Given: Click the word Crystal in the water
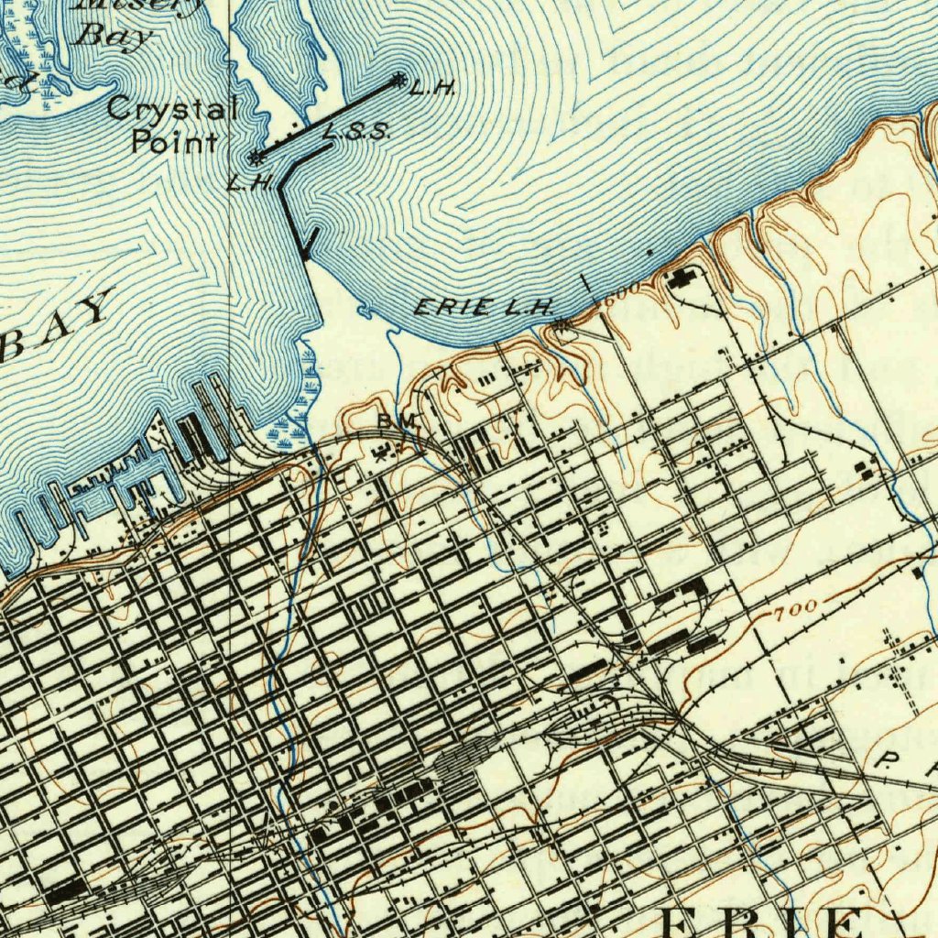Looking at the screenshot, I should point(171,109).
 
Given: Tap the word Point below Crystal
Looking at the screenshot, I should point(174,142).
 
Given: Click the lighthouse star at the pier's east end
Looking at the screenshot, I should point(398,81).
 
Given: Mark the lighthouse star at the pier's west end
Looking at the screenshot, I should point(258,157).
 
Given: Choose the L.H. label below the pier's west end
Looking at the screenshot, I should point(249,182).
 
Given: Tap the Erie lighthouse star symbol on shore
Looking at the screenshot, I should point(561,324).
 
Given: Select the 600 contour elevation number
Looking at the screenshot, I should point(620,291).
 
